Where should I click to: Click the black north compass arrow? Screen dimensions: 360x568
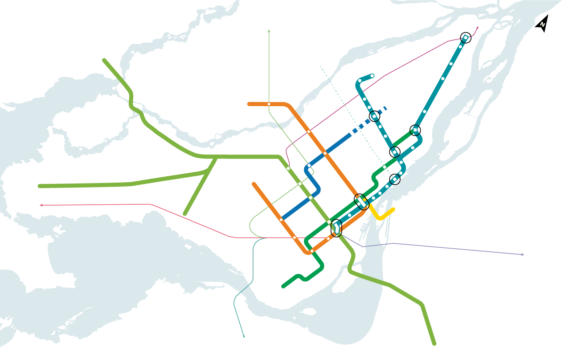pyautogui.click(x=542, y=24)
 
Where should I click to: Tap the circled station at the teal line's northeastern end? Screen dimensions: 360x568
pyautogui.click(x=465, y=37)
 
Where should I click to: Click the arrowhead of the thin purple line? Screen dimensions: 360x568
pyautogui.click(x=523, y=255)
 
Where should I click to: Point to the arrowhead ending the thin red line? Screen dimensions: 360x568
pyautogui.click(x=41, y=206)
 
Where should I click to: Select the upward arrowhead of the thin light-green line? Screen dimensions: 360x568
pyautogui.click(x=269, y=31)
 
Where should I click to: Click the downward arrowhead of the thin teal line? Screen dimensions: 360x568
pyautogui.click(x=244, y=336)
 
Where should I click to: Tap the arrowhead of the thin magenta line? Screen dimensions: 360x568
pyautogui.click(x=477, y=28)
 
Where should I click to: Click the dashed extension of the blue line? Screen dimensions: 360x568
pyautogui.click(x=368, y=120)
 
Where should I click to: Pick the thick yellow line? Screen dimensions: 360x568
pyautogui.click(x=380, y=215)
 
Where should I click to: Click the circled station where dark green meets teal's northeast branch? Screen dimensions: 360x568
pyautogui.click(x=415, y=130)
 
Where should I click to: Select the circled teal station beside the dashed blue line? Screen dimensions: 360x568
pyautogui.click(x=374, y=116)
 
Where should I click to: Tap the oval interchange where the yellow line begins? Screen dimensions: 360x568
pyautogui.click(x=361, y=201)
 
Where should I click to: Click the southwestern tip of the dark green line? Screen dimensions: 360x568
pyautogui.click(x=283, y=286)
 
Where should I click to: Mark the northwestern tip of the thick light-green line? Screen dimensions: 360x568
pyautogui.click(x=104, y=60)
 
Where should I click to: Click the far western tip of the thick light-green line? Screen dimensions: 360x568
pyautogui.click(x=39, y=186)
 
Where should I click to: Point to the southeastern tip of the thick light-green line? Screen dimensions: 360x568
pyautogui.click(x=434, y=344)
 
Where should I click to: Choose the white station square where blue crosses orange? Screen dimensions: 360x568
pyautogui.click(x=325, y=153)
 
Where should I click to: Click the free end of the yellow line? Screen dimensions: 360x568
pyautogui.click(x=393, y=209)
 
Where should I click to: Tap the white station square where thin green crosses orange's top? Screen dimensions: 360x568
pyautogui.click(x=269, y=104)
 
